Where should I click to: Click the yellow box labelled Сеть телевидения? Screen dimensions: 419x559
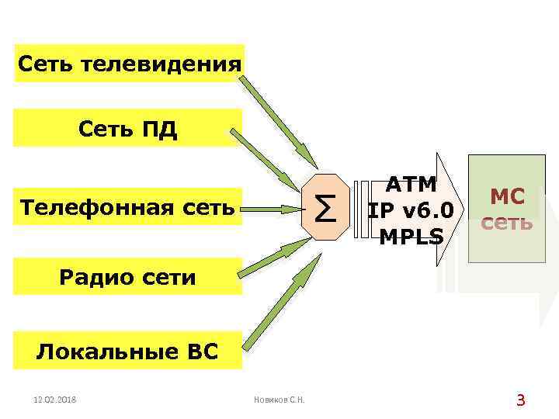click(129, 63)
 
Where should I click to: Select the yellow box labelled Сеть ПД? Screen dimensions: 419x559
click(129, 129)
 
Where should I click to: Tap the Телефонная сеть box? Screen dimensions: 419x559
click(129, 207)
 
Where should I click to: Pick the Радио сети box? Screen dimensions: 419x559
click(129, 276)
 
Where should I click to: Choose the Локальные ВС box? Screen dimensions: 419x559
click(129, 351)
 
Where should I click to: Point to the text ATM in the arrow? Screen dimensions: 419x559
click(412, 185)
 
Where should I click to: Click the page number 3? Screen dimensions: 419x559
click(521, 400)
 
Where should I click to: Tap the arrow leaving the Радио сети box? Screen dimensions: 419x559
click(276, 257)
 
